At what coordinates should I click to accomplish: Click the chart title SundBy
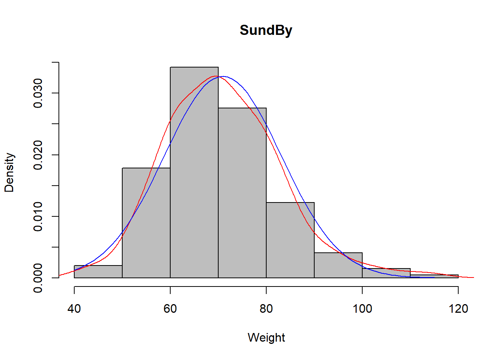(x=266, y=30)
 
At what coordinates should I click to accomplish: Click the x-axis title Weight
(x=266, y=337)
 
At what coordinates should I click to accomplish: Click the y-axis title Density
(x=9, y=172)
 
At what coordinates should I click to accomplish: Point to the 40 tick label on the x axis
(x=74, y=309)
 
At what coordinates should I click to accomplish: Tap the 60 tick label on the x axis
(x=170, y=309)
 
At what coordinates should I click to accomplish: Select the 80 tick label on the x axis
(x=266, y=309)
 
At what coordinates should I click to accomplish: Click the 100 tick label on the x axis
(x=362, y=309)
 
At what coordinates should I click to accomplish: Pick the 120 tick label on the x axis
(x=458, y=309)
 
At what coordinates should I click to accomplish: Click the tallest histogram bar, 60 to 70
(x=194, y=172)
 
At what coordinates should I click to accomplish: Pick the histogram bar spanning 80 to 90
(x=290, y=240)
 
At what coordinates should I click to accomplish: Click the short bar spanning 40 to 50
(x=98, y=272)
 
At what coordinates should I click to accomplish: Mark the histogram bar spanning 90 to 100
(x=338, y=265)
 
